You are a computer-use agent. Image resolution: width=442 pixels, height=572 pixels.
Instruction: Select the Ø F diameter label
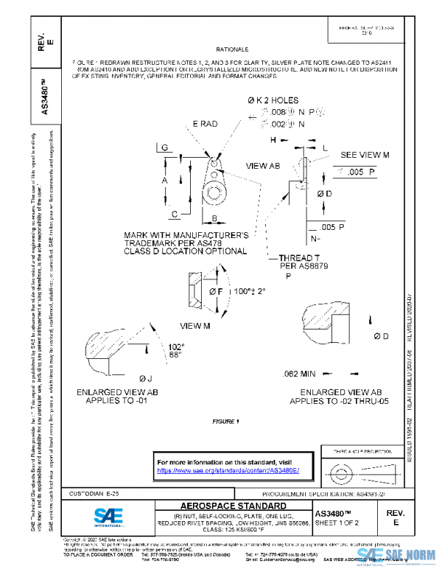[216, 292]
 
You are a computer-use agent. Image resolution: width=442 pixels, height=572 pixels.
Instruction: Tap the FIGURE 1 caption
[226, 422]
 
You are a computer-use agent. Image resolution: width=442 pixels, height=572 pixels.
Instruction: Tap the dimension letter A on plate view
[166, 181]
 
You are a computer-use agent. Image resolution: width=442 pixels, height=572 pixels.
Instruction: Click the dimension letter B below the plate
[214, 219]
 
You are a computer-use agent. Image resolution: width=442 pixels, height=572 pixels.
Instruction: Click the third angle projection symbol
[345, 470]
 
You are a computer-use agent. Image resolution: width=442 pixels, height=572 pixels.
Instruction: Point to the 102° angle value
[175, 346]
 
